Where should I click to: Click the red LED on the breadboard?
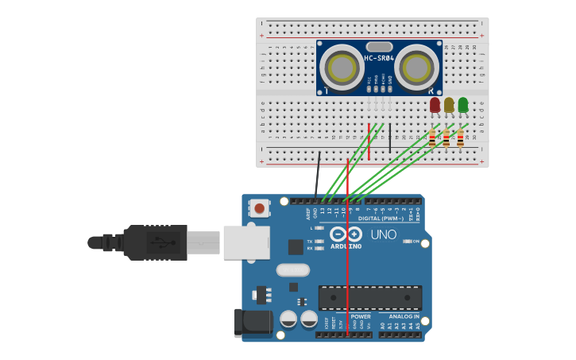[435, 105]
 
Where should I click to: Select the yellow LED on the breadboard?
[449, 105]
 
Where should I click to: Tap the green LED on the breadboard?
[463, 105]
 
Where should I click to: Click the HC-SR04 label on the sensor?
[379, 58]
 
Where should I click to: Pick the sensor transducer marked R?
[416, 67]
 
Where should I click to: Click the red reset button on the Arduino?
[259, 209]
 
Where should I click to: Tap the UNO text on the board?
[383, 234]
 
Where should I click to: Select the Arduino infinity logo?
[346, 234]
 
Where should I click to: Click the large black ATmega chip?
[370, 298]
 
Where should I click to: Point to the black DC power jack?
[250, 323]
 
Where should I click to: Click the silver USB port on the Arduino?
[246, 242]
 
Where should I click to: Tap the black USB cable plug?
[155, 242]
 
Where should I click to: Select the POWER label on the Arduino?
[361, 316]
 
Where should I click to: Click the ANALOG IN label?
[404, 316]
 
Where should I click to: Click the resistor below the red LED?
[432, 138]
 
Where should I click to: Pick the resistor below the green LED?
[460, 138]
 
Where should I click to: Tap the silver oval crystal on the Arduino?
[292, 270]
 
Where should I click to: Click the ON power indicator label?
[415, 241]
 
